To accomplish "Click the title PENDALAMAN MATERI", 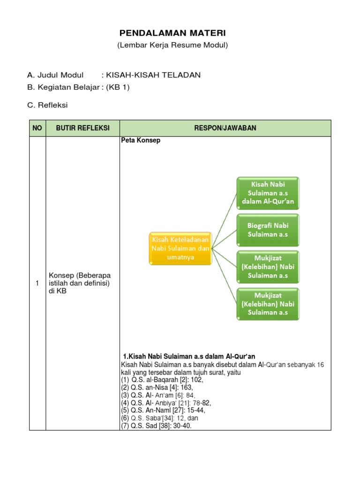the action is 172,33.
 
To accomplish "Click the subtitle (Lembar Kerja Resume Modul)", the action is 172,45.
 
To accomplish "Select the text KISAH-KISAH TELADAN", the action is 153,75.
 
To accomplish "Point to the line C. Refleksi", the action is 47,105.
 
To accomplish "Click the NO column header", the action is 37,128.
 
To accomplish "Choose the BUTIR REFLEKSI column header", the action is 82,128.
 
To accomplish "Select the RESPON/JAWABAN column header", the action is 225,128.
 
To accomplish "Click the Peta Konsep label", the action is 141,141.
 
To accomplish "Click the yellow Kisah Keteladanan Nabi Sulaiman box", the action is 180,248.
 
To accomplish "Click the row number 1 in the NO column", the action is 37,283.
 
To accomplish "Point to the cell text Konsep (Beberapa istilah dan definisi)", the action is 80,283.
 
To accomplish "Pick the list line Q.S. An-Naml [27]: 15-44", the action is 163,410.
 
